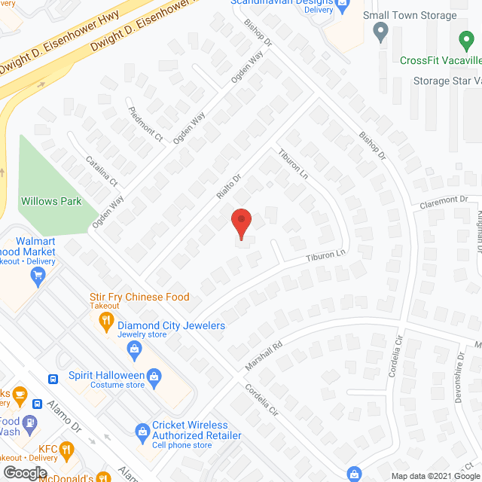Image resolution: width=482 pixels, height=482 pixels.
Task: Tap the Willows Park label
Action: [x=51, y=202]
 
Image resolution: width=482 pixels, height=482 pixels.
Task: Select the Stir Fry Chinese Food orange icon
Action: [x=105, y=322]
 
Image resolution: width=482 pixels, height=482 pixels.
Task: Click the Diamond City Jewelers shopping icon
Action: [x=134, y=349]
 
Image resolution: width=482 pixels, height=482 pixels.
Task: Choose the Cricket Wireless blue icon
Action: [x=142, y=430]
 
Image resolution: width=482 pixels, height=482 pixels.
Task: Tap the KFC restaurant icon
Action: [x=67, y=451]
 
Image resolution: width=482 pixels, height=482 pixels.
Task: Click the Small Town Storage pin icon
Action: [x=380, y=33]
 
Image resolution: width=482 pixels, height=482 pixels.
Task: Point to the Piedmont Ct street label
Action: [x=146, y=126]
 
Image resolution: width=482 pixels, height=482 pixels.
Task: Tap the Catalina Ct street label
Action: [x=102, y=171]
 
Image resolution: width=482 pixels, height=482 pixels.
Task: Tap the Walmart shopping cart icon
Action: [x=37, y=276]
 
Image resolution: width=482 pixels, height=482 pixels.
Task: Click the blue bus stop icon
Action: [x=54, y=379]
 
